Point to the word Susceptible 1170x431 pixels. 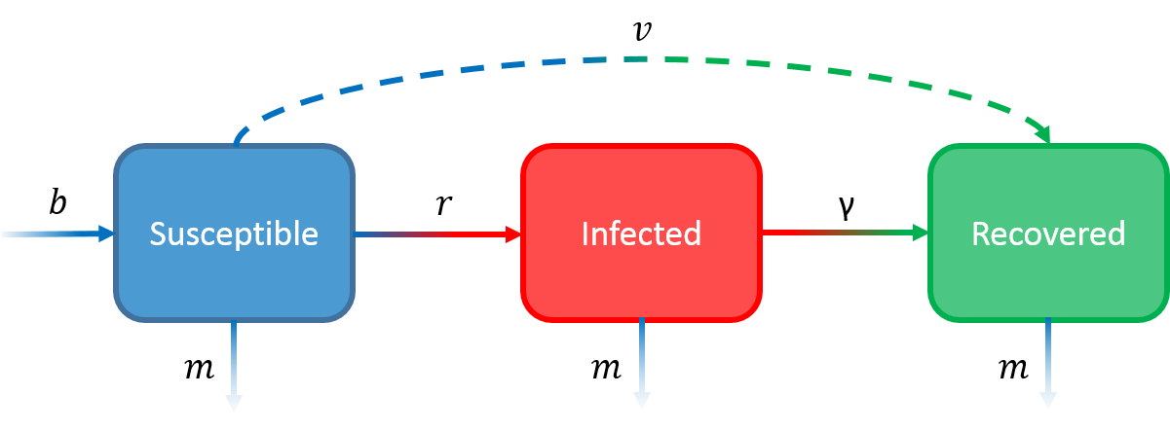[x=234, y=233]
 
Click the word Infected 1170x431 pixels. [x=641, y=233]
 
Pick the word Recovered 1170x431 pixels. [x=1048, y=233]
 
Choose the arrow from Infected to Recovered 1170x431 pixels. [x=843, y=233]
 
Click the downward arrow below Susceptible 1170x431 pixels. [x=234, y=360]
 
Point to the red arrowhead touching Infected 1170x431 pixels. [x=512, y=233]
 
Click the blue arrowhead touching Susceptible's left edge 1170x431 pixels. [x=106, y=233]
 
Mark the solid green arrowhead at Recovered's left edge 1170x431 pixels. [x=919, y=233]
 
